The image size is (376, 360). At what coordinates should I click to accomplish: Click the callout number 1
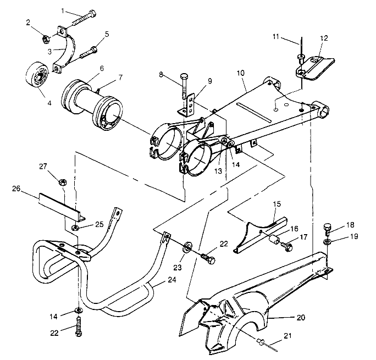[x=63, y=10]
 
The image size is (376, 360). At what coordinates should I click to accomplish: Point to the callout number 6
[x=102, y=69]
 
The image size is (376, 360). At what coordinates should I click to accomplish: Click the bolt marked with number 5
[x=89, y=54]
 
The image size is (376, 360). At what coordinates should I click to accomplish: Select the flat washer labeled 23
[x=186, y=245]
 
